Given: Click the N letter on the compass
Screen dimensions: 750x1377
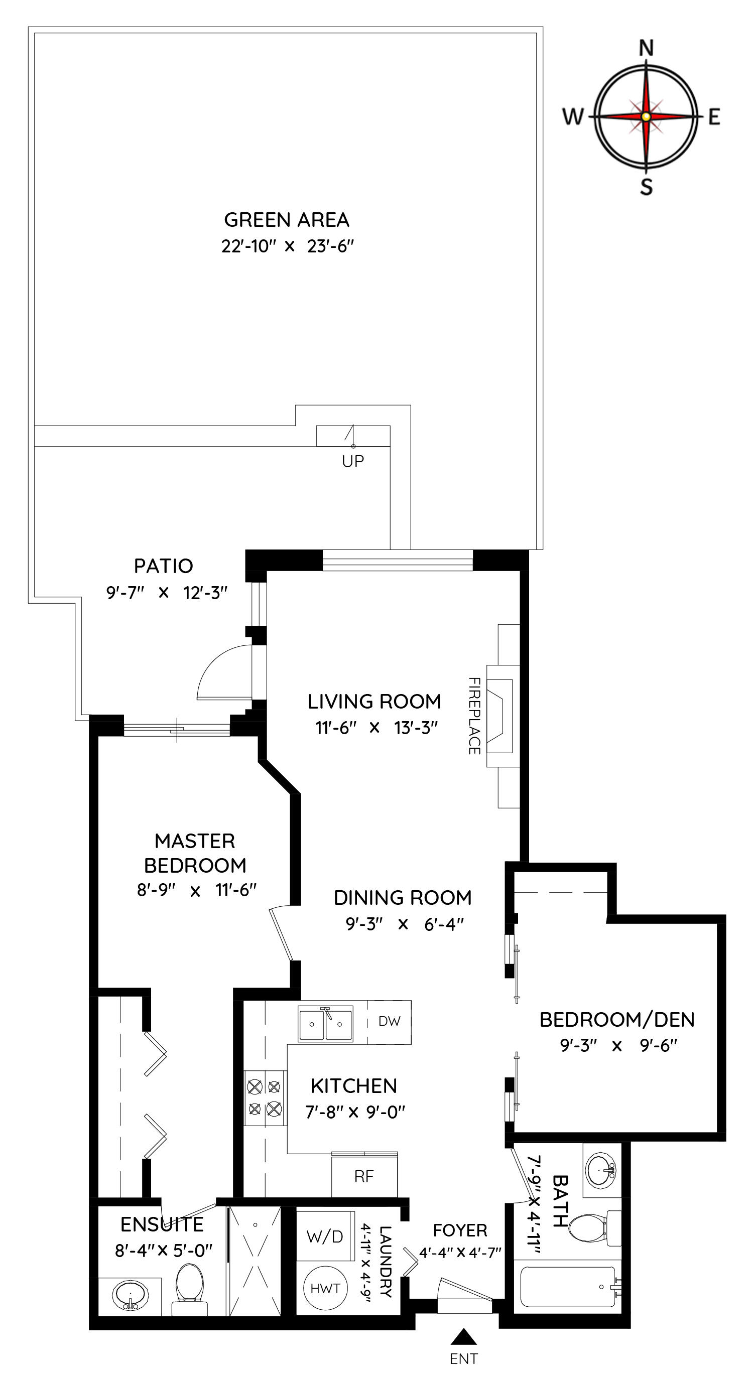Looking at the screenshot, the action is (x=646, y=49).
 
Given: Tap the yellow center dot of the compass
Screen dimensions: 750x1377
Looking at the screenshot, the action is (x=646, y=116).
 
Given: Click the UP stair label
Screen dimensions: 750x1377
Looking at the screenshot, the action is (x=353, y=461).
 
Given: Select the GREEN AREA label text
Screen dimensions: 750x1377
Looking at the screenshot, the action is (x=287, y=220).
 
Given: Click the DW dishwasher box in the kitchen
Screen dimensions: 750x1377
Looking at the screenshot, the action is (x=389, y=1022).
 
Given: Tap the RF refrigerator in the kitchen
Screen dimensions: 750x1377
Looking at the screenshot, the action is (x=364, y=1175).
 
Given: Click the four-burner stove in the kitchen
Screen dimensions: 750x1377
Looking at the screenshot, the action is (x=266, y=1098).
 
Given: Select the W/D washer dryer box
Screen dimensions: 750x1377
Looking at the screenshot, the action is (x=325, y=1236).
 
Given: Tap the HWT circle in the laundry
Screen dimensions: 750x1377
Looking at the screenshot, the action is (x=325, y=1288).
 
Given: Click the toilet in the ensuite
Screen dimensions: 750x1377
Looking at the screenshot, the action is (x=190, y=1288).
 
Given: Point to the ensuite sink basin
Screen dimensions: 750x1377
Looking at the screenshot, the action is (x=130, y=1295).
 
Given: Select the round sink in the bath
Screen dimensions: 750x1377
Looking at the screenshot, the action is (x=601, y=1170).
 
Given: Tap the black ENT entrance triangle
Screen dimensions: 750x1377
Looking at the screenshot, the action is (x=463, y=1336).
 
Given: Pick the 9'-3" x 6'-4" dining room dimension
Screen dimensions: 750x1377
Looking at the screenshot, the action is (x=404, y=924).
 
